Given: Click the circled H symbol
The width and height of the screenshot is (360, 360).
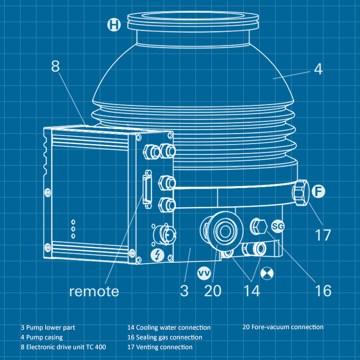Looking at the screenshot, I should [114, 24].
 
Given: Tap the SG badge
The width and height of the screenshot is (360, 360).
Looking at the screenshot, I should [278, 226].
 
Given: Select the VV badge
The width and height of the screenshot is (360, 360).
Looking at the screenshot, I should [204, 271].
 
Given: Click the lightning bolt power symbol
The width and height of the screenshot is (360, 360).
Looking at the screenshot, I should [157, 255].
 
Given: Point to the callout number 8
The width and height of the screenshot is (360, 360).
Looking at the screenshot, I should [56, 66].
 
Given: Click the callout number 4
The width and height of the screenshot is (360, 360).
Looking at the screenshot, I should [318, 69].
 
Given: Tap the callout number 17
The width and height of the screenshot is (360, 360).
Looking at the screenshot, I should [323, 236].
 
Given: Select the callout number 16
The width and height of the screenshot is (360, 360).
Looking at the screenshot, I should [323, 291].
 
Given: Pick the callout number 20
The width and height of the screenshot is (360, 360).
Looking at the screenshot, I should [212, 291].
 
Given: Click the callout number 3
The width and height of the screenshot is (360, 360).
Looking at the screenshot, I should [184, 291].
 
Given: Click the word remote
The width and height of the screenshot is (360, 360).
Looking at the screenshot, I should [94, 291].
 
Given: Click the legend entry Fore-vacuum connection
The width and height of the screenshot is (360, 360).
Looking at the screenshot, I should [283, 327].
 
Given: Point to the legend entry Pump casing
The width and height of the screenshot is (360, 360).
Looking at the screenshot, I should [42, 337].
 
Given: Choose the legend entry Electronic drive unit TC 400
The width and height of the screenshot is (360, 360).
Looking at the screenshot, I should [63, 347].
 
